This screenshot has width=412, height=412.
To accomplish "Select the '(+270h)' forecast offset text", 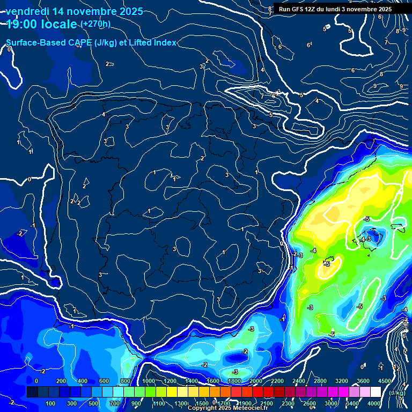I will coord(95,24).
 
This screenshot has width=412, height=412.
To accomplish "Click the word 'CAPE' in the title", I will coord(79,42).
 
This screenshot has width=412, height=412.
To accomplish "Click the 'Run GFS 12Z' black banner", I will coord(335,9).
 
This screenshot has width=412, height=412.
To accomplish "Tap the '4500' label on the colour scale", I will coord(384,381).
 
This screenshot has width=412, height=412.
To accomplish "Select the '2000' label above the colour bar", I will coord(256,381).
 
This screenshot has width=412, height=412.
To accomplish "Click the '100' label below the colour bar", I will coord(51,403).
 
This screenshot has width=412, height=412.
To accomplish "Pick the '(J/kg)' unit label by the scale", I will coord(397,393).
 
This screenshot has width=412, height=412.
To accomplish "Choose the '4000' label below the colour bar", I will coord(374,403).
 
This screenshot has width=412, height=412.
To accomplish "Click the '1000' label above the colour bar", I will coord(149,381).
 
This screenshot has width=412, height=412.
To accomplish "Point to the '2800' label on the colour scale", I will coord(320,381).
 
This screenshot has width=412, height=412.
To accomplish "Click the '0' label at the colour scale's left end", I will coord(36,381).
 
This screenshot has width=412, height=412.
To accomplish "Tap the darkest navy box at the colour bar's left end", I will coord(32,393).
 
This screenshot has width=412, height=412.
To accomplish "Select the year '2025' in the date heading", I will coord(128,11).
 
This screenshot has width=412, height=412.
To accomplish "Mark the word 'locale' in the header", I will coord(60,24).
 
